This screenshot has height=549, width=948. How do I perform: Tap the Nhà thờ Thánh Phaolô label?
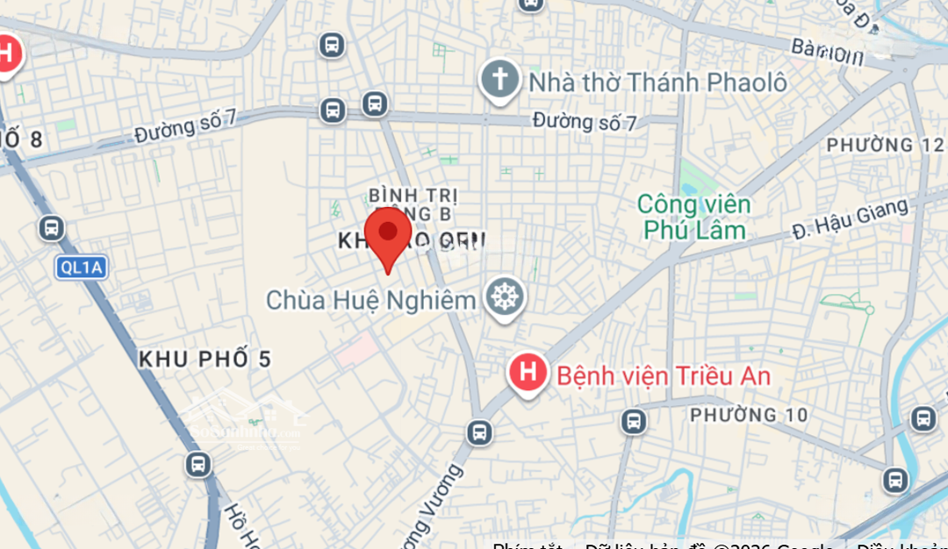[657, 82]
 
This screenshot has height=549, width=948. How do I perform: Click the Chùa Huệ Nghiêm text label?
[370, 300]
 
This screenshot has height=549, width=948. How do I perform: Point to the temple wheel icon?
[505, 298]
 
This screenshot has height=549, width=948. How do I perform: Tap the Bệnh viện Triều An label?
[664, 376]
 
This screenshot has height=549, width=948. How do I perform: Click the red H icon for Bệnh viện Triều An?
[528, 373]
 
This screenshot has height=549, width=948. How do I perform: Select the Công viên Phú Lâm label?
[693, 217]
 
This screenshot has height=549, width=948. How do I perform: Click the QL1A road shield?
[81, 267]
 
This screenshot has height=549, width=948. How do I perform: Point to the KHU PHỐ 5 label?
[205, 359]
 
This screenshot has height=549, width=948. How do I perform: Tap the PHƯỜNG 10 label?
[749, 414]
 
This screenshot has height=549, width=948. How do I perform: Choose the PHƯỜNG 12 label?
[885, 144]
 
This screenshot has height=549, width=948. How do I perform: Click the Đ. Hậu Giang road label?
[849, 218]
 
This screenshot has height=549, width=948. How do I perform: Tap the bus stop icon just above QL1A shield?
[52, 229]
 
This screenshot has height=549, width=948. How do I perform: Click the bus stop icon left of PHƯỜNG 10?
[634, 422]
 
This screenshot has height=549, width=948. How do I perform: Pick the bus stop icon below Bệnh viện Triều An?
[479, 431]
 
